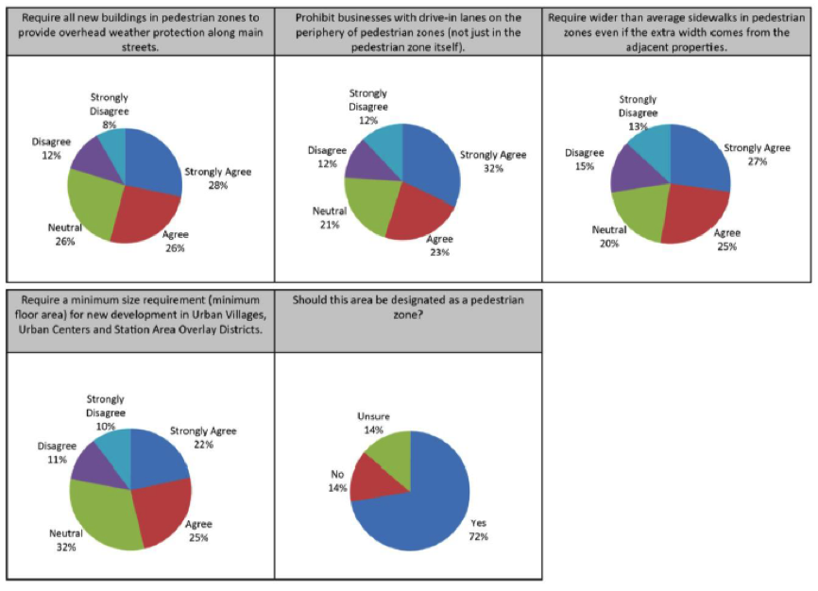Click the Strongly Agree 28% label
218,178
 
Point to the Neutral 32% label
65,540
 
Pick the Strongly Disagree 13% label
638,113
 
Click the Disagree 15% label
584,159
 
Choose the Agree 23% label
438,245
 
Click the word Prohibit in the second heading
318,19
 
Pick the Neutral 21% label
330,217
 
